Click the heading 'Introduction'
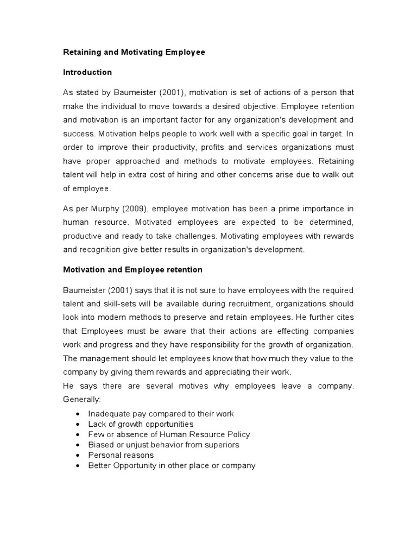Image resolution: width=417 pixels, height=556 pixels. tap(87, 72)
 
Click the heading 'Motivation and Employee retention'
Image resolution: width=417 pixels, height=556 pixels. tap(133, 269)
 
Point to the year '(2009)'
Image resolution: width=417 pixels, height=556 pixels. tap(135, 209)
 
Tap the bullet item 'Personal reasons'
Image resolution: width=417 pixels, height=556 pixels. tap(121, 455)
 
